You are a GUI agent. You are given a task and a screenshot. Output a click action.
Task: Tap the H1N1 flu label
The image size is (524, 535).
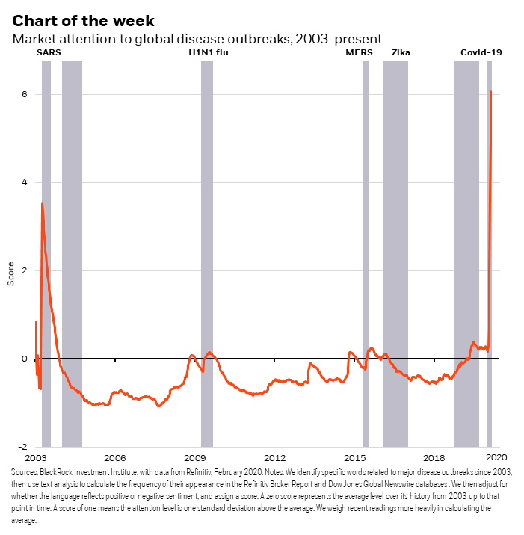click(207, 52)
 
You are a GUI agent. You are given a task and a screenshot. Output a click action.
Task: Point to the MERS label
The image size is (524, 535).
click(357, 52)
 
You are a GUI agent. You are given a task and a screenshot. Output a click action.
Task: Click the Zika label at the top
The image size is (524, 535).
click(401, 52)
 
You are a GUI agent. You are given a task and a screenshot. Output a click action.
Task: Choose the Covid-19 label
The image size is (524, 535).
click(481, 52)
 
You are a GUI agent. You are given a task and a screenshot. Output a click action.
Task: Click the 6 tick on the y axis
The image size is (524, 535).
click(25, 94)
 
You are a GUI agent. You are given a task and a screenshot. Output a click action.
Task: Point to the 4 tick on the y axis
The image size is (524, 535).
click(25, 182)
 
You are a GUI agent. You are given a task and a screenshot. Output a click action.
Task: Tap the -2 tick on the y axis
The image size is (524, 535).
click(22, 447)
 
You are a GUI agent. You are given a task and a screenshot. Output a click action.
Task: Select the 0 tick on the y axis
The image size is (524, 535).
click(25, 359)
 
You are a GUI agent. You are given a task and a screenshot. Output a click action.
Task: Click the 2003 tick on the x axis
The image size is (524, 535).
click(36, 457)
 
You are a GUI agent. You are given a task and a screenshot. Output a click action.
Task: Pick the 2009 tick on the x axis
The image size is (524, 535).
click(195, 457)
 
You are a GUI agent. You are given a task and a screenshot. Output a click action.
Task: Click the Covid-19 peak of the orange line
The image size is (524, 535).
click(490, 92)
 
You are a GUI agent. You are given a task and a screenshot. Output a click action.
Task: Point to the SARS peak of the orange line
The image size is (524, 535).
click(42, 203)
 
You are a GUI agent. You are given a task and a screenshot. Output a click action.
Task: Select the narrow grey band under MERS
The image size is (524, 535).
click(366, 254)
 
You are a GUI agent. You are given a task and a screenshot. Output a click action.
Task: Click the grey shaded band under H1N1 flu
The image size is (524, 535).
click(207, 254)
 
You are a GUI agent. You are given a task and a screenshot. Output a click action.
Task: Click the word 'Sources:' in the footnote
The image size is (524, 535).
click(25, 473)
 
